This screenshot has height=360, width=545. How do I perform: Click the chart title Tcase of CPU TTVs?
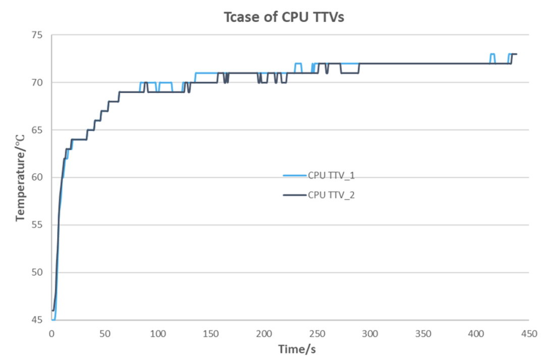pos(284,18)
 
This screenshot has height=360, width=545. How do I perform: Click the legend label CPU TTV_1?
pos(331,175)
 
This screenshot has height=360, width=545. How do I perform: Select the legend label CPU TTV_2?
pos(331,195)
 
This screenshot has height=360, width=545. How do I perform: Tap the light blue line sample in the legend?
pos(295,175)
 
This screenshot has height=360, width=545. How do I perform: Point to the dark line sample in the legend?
pos(295,195)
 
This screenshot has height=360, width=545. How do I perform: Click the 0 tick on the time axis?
pos(51,333)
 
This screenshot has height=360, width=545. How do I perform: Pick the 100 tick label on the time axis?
pos(158,333)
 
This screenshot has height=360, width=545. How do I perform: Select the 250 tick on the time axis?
pos(317,333)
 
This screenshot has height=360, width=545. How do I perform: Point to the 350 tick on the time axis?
pos(423,333)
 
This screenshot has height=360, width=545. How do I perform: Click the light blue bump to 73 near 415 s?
pos(492,54)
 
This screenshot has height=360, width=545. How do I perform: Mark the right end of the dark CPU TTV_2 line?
pos(517,54)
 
